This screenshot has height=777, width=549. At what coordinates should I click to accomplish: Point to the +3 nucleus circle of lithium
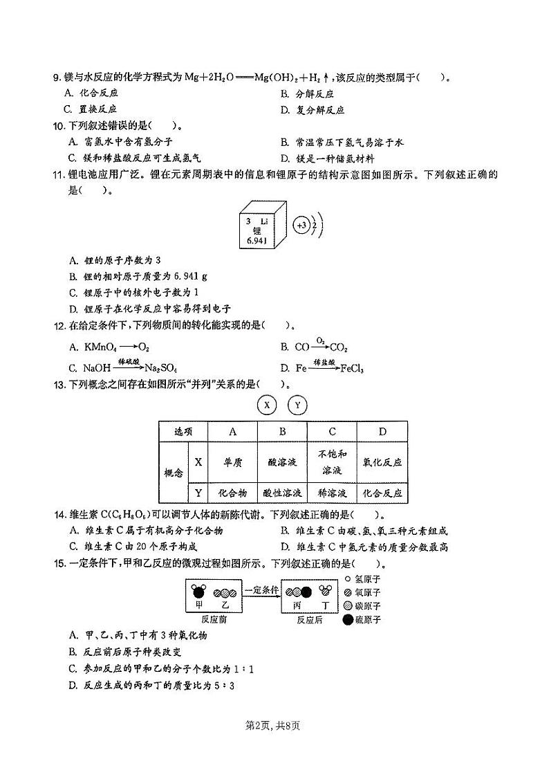coord(301,225)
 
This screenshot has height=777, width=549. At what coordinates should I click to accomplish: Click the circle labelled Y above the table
coord(297,405)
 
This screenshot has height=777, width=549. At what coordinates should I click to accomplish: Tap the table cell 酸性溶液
coord(282,493)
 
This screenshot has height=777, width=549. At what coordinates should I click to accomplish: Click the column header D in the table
coord(382,432)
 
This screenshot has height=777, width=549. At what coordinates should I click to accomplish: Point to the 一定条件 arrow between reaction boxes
coord(261,590)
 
